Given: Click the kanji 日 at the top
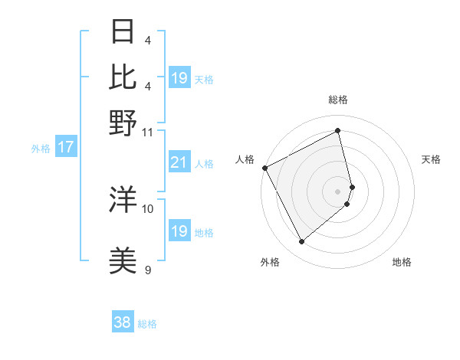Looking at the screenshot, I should (x=123, y=32).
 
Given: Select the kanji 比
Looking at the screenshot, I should (x=123, y=77).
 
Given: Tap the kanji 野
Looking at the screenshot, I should (x=123, y=123).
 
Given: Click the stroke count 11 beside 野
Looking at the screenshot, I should (x=148, y=131).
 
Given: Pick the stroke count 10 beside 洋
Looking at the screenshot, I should (x=148, y=208).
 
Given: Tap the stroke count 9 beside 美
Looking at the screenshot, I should (x=148, y=270).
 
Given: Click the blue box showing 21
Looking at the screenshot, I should (x=179, y=162).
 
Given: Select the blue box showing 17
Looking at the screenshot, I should (x=66, y=147).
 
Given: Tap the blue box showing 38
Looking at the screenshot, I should (x=122, y=322).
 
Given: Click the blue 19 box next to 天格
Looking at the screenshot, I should (x=179, y=78).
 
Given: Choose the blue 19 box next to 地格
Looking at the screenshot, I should (x=179, y=231).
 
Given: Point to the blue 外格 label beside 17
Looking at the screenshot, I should (x=41, y=149).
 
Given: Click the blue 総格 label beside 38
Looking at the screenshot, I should (x=147, y=324).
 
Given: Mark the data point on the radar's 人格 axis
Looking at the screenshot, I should (x=264, y=168).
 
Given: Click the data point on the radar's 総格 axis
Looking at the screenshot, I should (x=338, y=131).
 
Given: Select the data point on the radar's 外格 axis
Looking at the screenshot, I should (x=301, y=242).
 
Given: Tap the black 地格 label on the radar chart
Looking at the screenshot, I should (x=402, y=263).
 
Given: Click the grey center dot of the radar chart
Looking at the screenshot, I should (x=338, y=190).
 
